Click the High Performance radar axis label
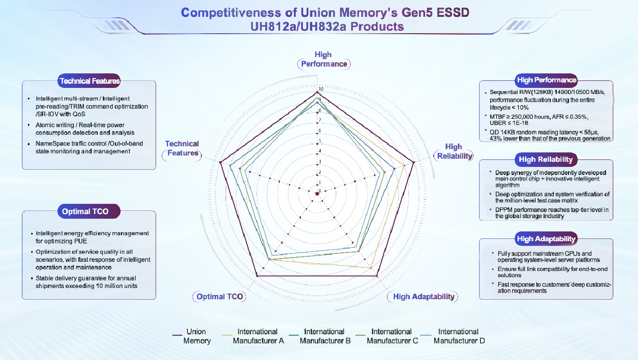[323, 59]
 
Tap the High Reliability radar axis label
[454, 151]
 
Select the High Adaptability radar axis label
[423, 296]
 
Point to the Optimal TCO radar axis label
[220, 296]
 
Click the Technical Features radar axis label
[182, 148]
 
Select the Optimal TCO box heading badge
[85, 211]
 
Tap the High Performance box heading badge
[546, 80]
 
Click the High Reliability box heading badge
[545, 159]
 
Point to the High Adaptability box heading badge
[546, 239]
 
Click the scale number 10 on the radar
[320, 89]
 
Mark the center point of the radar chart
[317, 193]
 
